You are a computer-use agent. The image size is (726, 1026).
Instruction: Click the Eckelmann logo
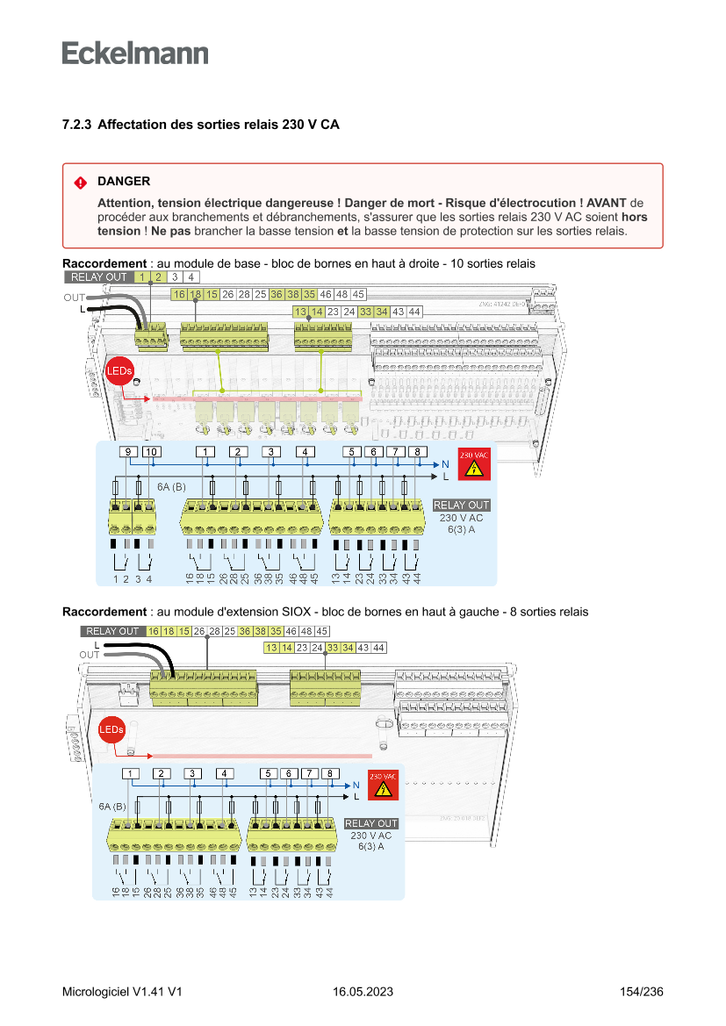(135, 53)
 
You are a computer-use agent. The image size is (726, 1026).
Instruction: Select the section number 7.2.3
(76, 126)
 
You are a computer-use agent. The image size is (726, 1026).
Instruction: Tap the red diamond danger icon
(80, 183)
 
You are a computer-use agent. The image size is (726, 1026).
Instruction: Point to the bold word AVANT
(607, 203)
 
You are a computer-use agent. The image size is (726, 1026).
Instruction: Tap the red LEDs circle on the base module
(119, 371)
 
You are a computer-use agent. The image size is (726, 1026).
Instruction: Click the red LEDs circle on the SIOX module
(111, 729)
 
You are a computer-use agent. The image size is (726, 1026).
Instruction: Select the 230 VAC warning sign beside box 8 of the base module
(474, 464)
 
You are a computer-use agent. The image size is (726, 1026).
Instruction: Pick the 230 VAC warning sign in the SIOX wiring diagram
(383, 785)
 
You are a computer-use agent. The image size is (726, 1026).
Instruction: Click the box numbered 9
(128, 452)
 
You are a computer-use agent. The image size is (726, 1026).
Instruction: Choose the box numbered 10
(151, 452)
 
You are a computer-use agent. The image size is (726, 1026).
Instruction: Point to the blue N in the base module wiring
(445, 463)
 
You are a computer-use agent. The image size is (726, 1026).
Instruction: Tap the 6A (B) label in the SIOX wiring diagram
(112, 805)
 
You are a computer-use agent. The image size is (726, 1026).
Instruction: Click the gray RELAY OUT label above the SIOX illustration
(112, 631)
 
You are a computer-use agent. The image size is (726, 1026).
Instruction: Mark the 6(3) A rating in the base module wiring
(461, 529)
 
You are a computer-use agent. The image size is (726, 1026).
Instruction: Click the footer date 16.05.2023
(363, 992)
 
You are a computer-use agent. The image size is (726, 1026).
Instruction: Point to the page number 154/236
(641, 992)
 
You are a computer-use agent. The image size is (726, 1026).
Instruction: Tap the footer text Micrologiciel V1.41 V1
(122, 992)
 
